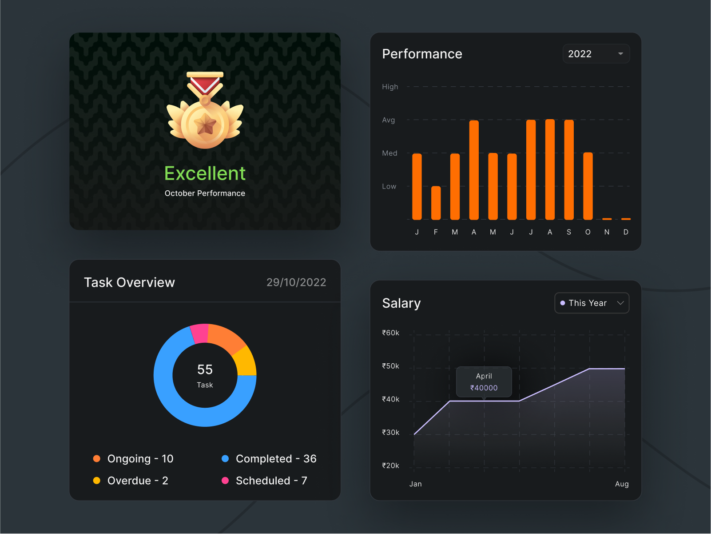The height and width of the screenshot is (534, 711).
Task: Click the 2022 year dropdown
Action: pyautogui.click(x=596, y=54)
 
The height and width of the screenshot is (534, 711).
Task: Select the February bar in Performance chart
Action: pyautogui.click(x=436, y=203)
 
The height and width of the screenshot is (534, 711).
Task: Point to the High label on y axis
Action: pyautogui.click(x=390, y=87)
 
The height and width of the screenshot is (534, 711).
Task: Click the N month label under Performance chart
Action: pyautogui.click(x=607, y=232)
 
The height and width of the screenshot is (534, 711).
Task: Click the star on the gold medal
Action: pyautogui.click(x=205, y=124)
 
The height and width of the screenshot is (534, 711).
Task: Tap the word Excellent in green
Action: pyautogui.click(x=205, y=173)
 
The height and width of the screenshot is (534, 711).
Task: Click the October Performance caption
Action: pyautogui.click(x=205, y=193)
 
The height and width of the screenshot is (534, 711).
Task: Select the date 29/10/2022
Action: pyautogui.click(x=296, y=282)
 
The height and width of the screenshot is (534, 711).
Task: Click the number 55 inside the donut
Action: pyautogui.click(x=205, y=369)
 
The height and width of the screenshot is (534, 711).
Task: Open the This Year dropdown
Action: pyautogui.click(x=592, y=303)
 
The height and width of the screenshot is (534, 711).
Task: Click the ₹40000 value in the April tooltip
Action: pyautogui.click(x=484, y=388)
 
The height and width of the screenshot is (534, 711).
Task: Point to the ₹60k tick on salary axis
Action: pyautogui.click(x=390, y=333)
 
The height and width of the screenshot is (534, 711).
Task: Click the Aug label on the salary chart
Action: pyautogui.click(x=621, y=484)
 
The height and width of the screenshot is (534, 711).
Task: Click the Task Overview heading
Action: pyautogui.click(x=129, y=282)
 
